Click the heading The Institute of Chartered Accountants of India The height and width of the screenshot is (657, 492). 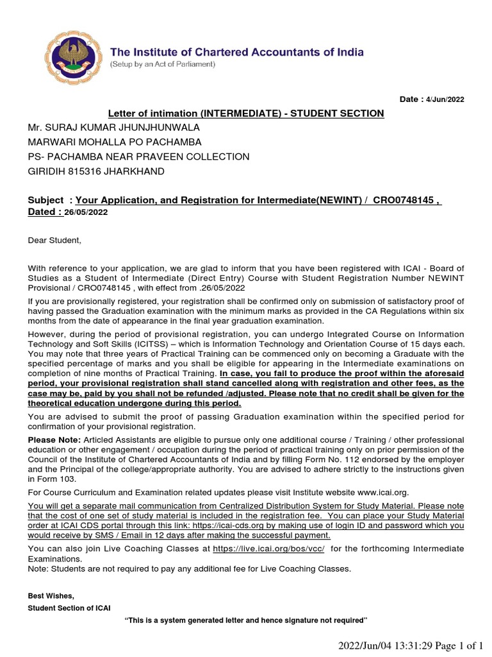pos(237,52)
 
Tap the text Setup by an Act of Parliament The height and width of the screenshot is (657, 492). pos(163,65)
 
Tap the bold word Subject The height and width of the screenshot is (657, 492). pos(45,200)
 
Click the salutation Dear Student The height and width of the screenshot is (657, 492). pos(55,240)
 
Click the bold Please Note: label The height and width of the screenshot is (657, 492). pos(54,439)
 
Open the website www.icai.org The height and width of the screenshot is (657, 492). pos(379,492)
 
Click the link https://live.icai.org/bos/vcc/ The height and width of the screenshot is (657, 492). pos(268,549)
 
